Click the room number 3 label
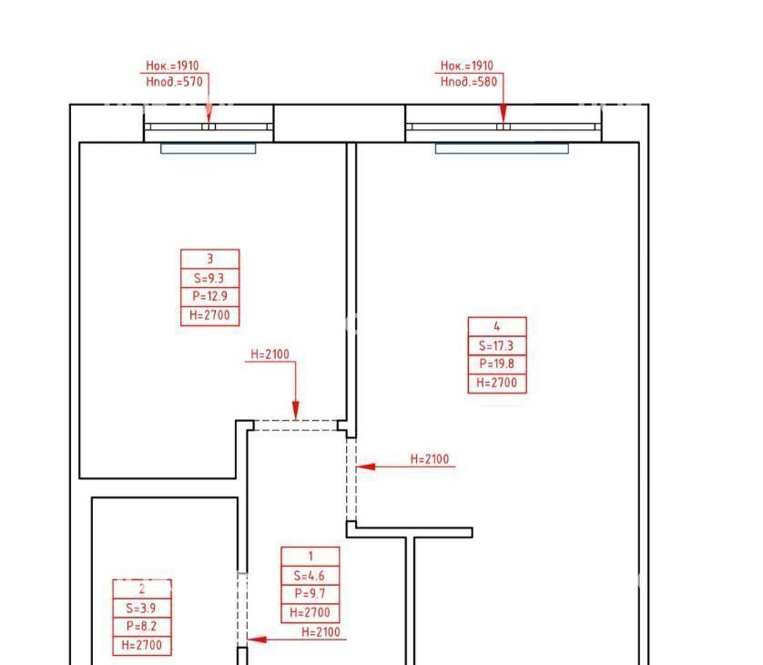click(209, 259)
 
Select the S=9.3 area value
click(209, 278)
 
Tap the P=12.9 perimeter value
click(209, 296)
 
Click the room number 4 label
click(497, 326)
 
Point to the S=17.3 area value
click(496, 345)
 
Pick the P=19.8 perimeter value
click(496, 363)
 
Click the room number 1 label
click(310, 556)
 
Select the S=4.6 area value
click(310, 576)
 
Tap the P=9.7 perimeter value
click(310, 593)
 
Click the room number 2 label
click(142, 588)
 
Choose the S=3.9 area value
click(141, 608)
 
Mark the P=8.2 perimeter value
click(142, 626)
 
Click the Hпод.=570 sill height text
click(174, 81)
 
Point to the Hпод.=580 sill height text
click(469, 81)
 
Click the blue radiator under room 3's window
click(209, 148)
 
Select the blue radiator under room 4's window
click(502, 148)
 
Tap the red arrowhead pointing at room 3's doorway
click(295, 410)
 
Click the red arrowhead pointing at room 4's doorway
click(365, 466)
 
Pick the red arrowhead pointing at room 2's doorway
click(257, 639)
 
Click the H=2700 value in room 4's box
click(496, 383)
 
